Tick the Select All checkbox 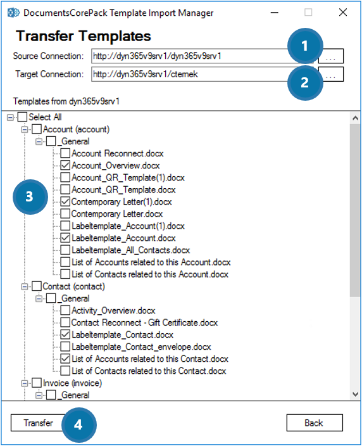point(22,117)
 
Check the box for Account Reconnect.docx point(65,153)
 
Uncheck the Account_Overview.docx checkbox point(65,165)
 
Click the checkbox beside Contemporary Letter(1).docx point(65,201)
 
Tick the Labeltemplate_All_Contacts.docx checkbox point(65,250)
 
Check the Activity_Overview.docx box point(65,310)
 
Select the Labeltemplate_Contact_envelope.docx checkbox point(65,347)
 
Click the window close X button point(343,13)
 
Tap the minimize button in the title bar point(275,13)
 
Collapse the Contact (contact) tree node point(25,286)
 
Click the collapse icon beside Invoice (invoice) point(25,383)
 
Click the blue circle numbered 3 point(30,197)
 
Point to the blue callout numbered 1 point(305,46)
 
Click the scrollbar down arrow point(355,394)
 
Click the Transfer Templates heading point(84,36)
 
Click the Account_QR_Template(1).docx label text point(128,178)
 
